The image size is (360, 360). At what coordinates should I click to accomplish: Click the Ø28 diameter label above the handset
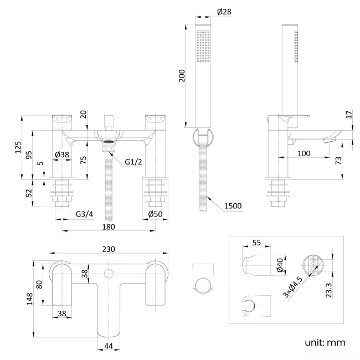(x=223, y=12)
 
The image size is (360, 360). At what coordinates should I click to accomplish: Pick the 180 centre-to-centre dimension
(x=108, y=227)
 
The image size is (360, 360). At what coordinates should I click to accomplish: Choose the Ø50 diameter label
(x=156, y=213)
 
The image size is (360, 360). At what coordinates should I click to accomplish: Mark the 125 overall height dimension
(x=18, y=147)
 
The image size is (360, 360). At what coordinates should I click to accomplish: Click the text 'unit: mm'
(x=325, y=343)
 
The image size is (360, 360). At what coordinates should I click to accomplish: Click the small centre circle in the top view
(x=109, y=273)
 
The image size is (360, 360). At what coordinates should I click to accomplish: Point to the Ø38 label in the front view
(x=61, y=155)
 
